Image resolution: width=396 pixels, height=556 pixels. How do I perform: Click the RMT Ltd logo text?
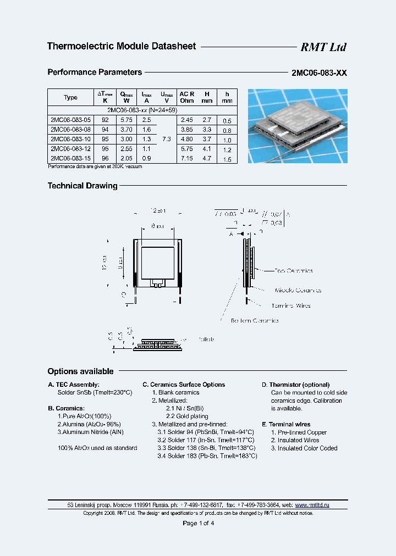click(x=323, y=47)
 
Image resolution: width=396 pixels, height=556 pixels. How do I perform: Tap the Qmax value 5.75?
click(x=127, y=120)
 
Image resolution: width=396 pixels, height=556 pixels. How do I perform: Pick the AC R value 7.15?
click(x=186, y=159)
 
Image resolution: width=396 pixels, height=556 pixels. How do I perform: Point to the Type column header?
click(x=70, y=97)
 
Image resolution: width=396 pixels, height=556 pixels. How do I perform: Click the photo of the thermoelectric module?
click(x=297, y=126)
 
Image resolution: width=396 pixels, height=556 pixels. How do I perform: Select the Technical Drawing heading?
click(x=82, y=186)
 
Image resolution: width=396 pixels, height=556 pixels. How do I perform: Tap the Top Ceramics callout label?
click(x=294, y=271)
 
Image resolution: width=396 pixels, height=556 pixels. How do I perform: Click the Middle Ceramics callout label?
click(x=298, y=290)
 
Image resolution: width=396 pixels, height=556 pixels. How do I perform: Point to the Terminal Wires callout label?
click(x=291, y=305)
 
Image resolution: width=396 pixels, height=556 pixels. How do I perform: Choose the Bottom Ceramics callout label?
click(x=255, y=320)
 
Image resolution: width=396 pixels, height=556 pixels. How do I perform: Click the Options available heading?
click(x=80, y=371)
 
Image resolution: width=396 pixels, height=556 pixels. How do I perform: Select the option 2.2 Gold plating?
click(x=188, y=416)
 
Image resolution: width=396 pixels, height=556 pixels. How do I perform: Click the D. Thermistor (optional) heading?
click(x=295, y=385)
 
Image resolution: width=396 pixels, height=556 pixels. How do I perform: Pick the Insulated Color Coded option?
click(x=304, y=448)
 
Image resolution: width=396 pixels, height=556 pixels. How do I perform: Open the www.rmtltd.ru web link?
click(x=312, y=504)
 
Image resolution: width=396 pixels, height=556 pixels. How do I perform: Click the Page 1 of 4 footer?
click(x=198, y=523)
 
